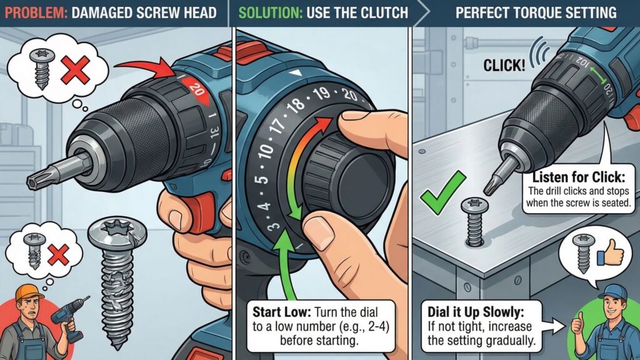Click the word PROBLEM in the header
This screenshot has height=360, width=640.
click(36, 12)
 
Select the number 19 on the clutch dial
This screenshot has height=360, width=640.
click(322, 94)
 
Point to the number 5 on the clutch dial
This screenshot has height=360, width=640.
click(262, 179)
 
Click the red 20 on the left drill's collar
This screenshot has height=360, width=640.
click(197, 89)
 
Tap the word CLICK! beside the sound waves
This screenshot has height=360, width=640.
click(504, 65)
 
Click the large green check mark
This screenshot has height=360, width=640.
click(443, 192)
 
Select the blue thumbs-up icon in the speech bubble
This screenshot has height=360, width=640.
click(610, 254)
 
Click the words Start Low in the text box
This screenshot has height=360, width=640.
click(281, 312)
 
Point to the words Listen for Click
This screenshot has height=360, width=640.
click(579, 177)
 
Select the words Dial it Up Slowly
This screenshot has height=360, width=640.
click(476, 312)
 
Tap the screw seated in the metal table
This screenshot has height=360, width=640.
click(475, 222)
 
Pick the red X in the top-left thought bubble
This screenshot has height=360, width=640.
click(75, 70)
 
